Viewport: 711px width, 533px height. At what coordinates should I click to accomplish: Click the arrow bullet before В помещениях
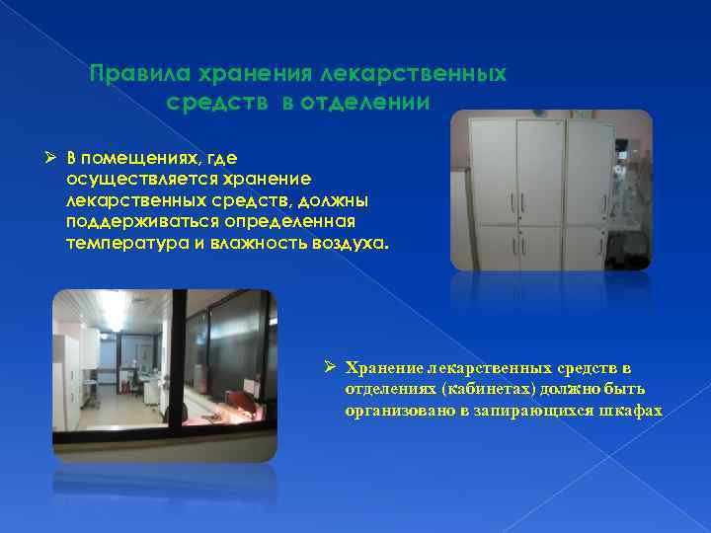click(54, 159)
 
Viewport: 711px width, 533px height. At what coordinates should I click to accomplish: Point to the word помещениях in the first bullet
click(150, 159)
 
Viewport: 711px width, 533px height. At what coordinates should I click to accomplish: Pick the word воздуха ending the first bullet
click(355, 242)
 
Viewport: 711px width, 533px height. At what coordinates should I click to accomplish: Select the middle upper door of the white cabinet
click(539, 173)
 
